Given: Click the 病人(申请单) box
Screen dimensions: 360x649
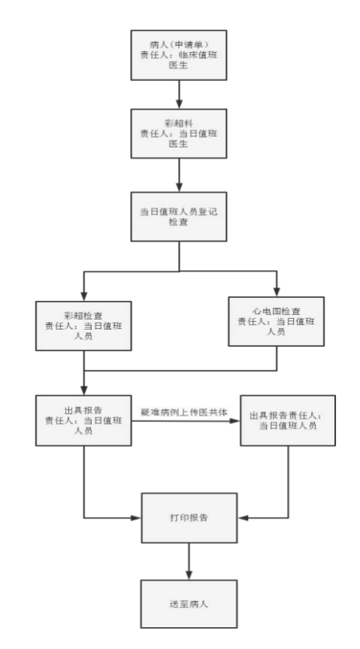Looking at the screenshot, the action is tap(179, 55).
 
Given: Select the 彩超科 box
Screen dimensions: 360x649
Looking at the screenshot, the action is tap(179, 134).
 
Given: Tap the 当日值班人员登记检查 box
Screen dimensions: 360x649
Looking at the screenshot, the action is tap(179, 217).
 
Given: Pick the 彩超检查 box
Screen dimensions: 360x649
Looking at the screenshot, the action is tap(83, 326).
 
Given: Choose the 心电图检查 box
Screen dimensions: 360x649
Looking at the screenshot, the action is tap(276, 321).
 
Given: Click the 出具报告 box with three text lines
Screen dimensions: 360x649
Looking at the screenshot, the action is tap(83, 420).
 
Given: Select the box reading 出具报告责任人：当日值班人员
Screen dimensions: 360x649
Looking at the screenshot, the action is tap(288, 420).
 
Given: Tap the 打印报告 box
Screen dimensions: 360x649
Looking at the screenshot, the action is tap(189, 518).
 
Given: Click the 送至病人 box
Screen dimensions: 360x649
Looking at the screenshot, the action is tap(189, 604).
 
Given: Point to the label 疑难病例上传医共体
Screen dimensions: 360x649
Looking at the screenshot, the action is tap(184, 412).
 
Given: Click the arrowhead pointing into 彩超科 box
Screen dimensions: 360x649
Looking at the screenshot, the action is tap(179, 104).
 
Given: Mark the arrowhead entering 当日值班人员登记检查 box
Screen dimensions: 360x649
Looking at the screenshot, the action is tap(179, 187).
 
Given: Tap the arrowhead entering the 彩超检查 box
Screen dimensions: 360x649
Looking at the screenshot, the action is tap(84, 296).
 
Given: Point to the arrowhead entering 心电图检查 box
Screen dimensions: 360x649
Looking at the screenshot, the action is tap(276, 291).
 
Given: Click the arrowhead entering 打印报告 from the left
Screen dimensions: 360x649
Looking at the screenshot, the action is tap(137, 518).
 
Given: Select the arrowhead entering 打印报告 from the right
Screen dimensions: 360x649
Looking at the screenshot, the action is tap(243, 518).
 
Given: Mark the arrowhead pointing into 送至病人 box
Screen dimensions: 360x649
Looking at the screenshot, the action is tap(189, 575).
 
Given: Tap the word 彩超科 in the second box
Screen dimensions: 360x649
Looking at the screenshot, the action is tap(178, 124).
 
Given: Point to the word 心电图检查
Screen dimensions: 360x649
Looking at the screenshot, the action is tap(276, 312).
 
